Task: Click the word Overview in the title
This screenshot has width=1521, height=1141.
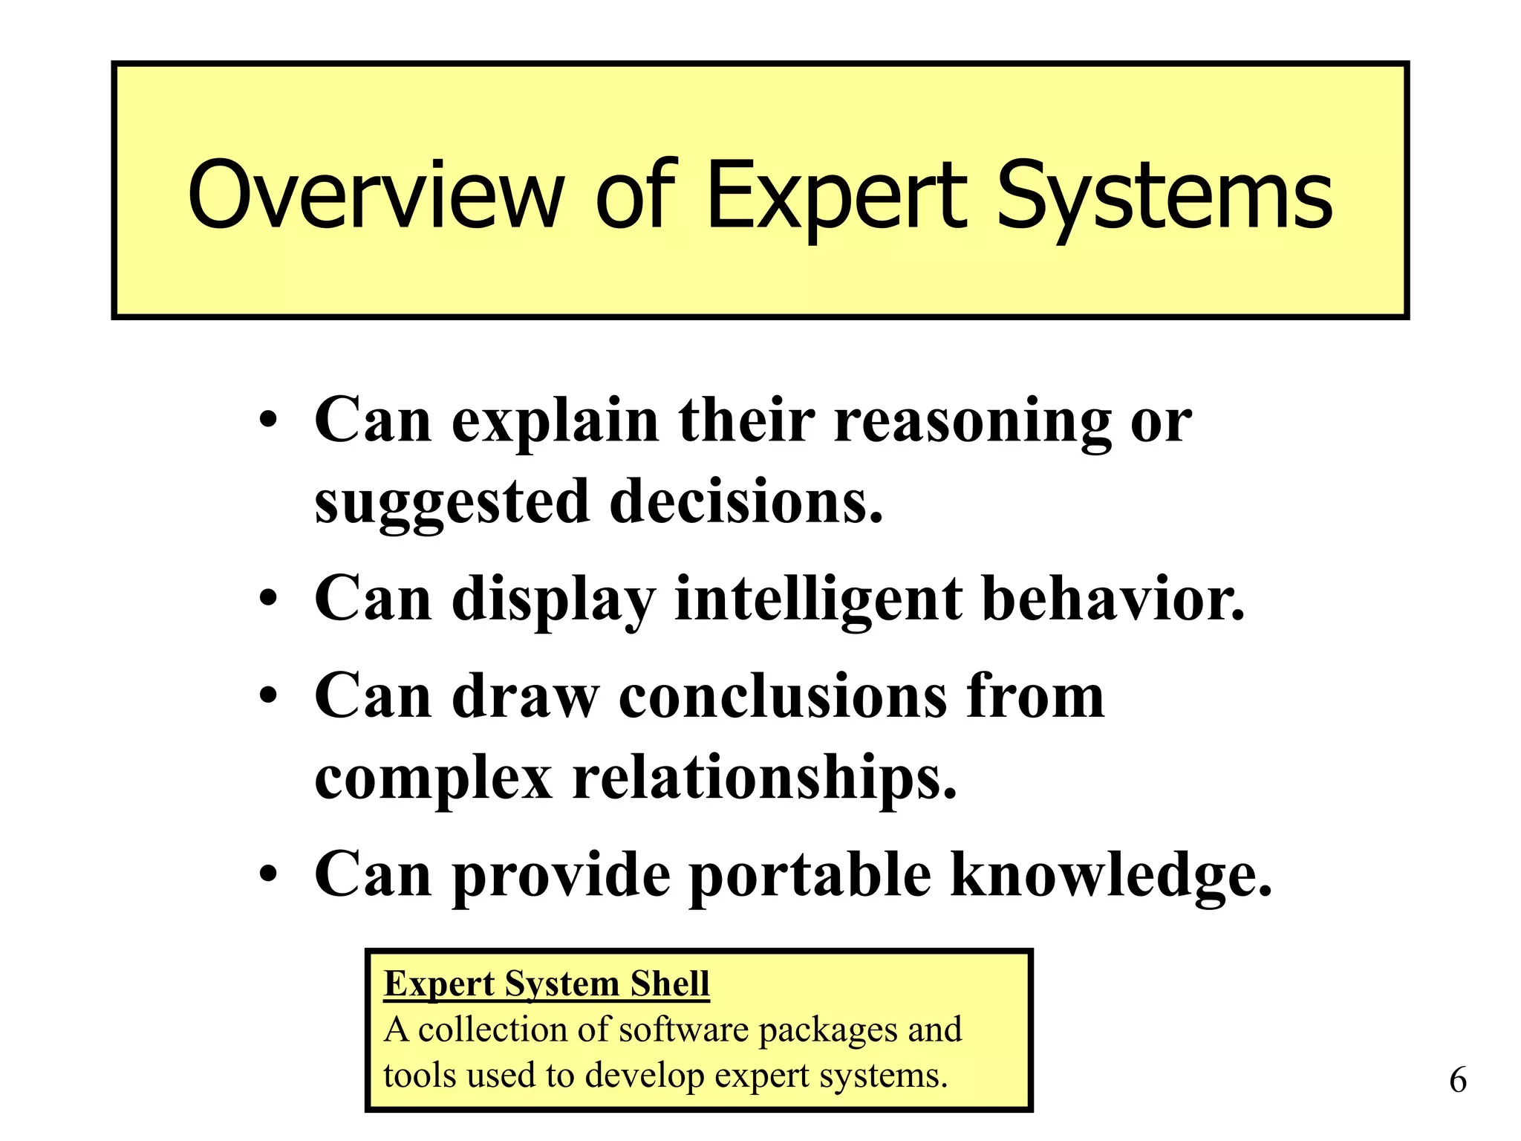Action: pos(376,195)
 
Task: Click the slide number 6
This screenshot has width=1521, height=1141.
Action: pos(1458,1080)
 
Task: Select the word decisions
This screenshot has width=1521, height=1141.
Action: pos(746,502)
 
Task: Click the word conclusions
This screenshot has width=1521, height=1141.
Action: pos(783,696)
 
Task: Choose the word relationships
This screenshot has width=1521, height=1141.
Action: pos(764,780)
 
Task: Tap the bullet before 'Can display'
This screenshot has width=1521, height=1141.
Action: pos(268,599)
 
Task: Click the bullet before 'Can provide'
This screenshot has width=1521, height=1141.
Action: pos(268,874)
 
